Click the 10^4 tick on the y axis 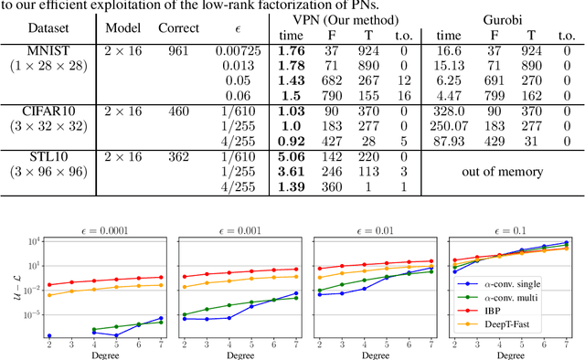34,240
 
